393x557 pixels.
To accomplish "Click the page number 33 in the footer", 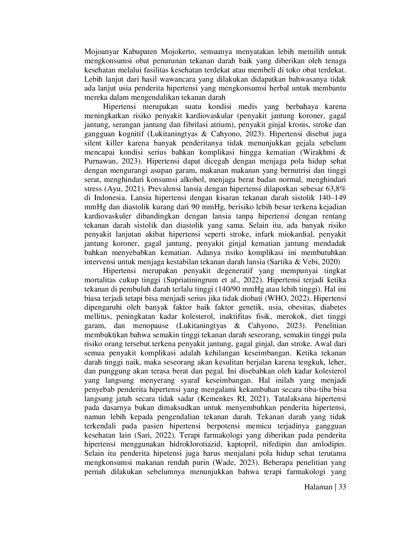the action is tap(342, 487).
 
